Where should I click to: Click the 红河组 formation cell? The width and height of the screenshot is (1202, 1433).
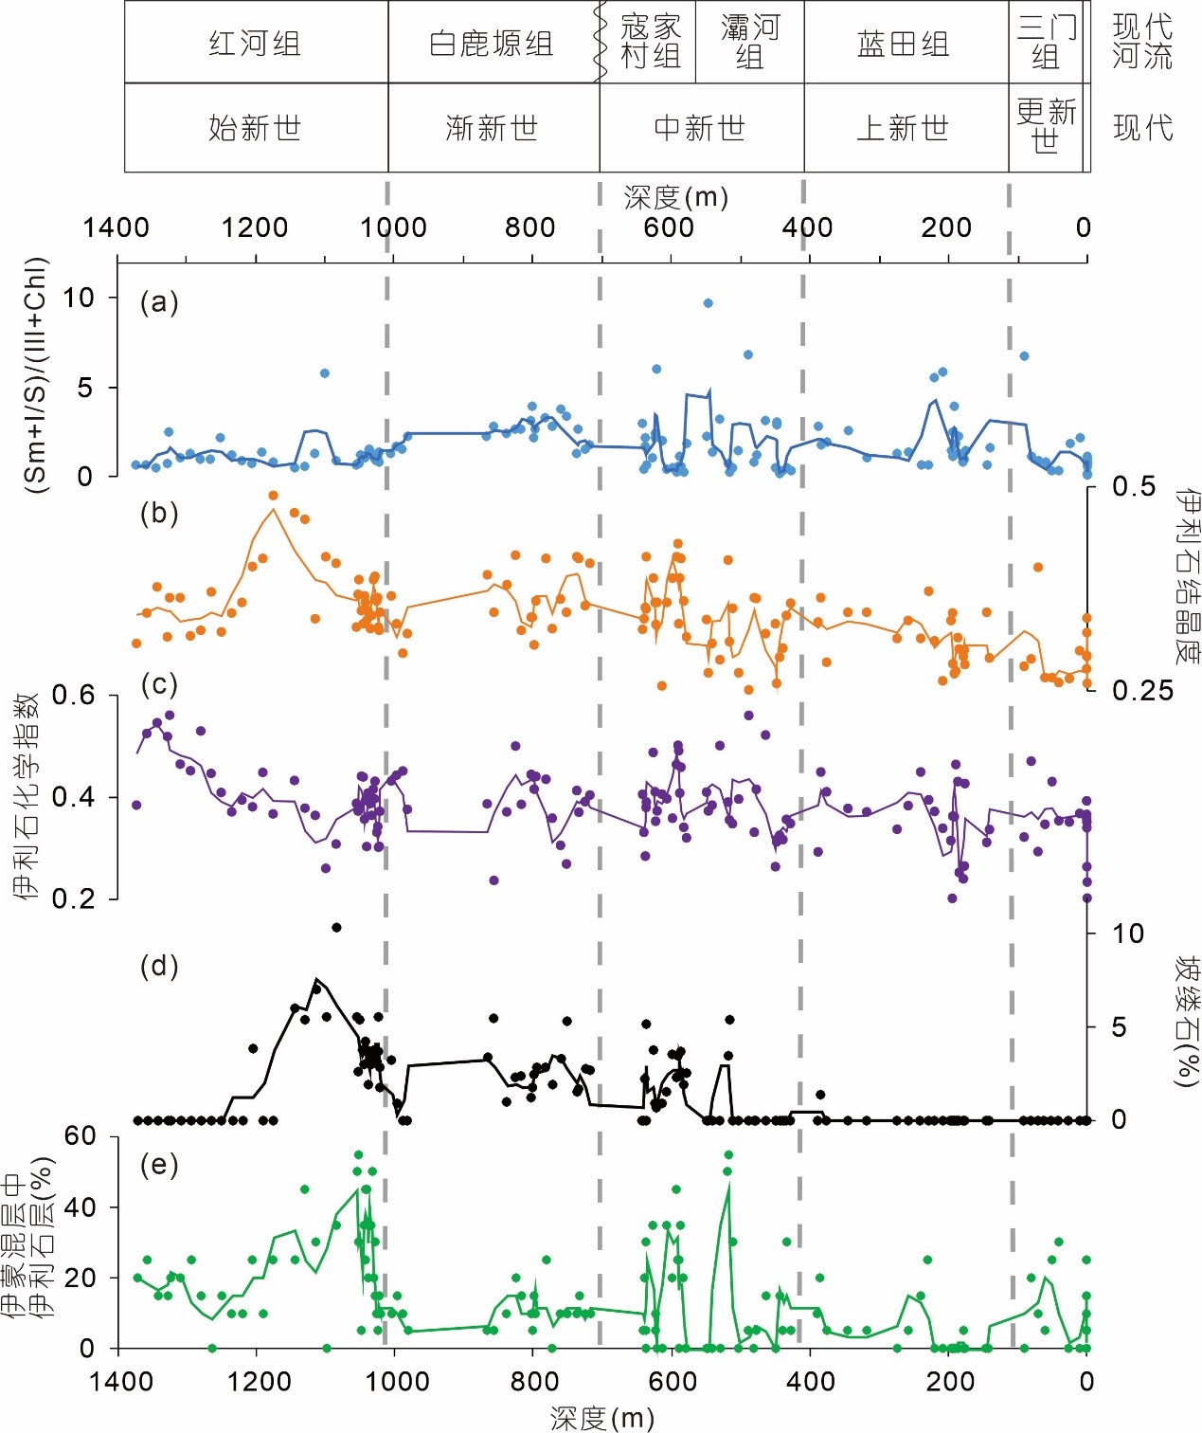[x=255, y=44]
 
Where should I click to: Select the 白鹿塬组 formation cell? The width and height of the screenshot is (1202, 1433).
[x=492, y=44]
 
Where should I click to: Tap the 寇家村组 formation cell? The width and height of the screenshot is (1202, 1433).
[x=650, y=42]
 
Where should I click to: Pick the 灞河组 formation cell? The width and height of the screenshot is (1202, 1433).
[x=749, y=42]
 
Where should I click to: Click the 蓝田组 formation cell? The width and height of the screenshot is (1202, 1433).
[x=904, y=44]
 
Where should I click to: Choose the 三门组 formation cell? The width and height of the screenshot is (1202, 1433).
[x=1046, y=42]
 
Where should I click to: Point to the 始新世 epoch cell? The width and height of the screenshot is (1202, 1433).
[x=255, y=127]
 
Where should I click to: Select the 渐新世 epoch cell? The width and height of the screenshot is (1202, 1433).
[x=492, y=127]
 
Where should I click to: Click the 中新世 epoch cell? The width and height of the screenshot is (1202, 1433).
[x=700, y=127]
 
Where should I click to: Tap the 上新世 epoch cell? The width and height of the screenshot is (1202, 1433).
[x=904, y=127]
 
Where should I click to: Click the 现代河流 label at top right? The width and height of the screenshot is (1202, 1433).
[x=1142, y=42]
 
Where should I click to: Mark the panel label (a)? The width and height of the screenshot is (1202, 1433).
[x=159, y=302]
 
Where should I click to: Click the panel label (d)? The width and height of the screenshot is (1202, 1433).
[x=159, y=966]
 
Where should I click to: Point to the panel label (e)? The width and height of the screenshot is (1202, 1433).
[x=159, y=1164]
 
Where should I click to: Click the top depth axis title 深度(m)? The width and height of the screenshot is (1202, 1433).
[x=676, y=197]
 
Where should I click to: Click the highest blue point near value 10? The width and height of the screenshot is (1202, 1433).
[x=708, y=303]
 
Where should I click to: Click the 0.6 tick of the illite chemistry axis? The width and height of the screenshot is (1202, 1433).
[x=74, y=696]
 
